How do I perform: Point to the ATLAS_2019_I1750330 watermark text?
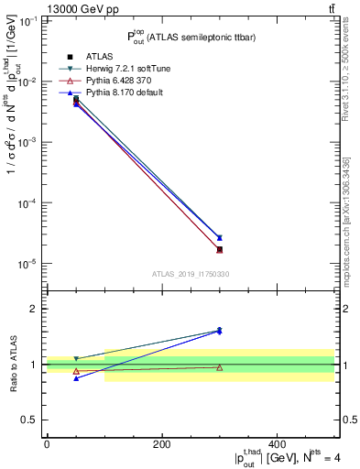(191, 274)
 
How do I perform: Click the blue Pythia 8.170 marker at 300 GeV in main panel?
(219, 238)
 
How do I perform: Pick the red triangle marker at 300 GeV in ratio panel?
(219, 367)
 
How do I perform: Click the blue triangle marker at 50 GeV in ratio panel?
(76, 378)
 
